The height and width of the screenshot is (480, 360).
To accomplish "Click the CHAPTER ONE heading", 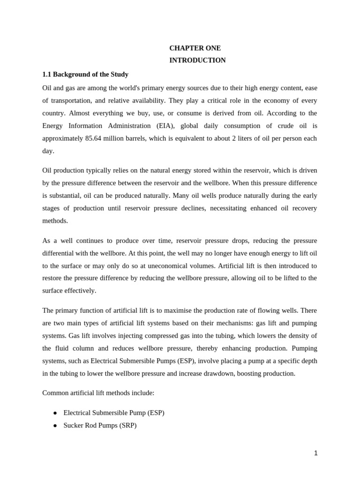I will click(195, 48).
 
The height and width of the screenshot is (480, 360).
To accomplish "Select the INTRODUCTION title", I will click(197, 60).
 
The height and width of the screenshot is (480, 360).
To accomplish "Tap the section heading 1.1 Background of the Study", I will click(85, 74).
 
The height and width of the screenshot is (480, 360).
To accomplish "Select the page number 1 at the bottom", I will click(316, 453).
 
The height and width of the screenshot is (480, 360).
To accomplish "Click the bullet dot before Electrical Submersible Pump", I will click(55, 413).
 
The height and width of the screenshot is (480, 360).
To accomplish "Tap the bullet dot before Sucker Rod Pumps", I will click(55, 426).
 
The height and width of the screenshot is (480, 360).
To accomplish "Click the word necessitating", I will click(230, 208).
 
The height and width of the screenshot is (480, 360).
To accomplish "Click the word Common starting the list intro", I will click(56, 393).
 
